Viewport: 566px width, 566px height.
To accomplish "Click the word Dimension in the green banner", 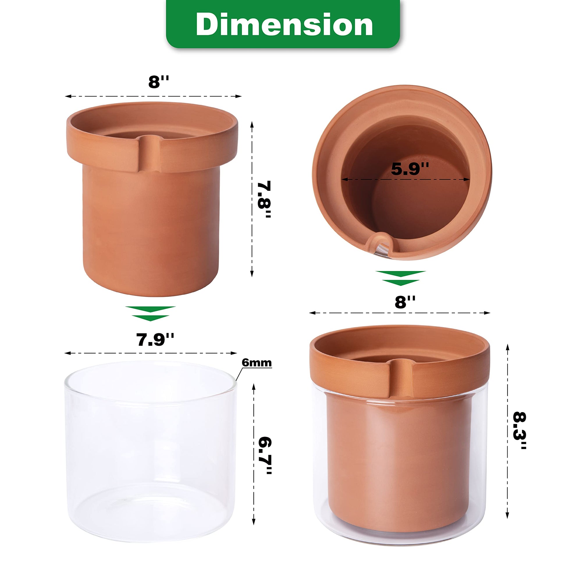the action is [284, 24].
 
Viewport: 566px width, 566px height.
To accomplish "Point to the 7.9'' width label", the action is [155, 339].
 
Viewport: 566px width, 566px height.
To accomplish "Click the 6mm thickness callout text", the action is [257, 363].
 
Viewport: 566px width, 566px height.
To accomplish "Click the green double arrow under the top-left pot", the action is [150, 314].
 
